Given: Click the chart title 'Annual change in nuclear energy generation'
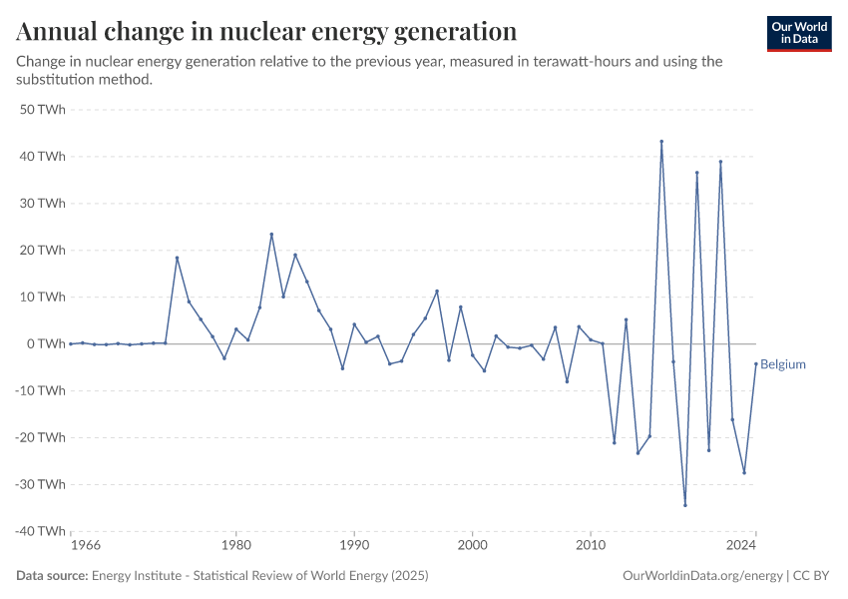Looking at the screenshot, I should click(x=266, y=31).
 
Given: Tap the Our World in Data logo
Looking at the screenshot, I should click(x=799, y=33).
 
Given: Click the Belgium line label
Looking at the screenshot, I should click(x=783, y=364).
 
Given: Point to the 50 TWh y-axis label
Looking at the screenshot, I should click(x=43, y=110).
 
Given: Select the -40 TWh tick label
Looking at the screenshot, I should click(x=40, y=531).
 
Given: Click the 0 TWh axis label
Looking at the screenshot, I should click(x=47, y=343).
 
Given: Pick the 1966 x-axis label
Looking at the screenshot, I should click(x=85, y=546).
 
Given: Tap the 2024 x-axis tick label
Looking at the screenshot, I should click(x=741, y=546).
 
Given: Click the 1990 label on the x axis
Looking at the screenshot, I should click(x=354, y=546).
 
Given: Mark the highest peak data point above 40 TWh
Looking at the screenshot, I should click(x=661, y=142).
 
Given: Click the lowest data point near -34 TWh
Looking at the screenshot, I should click(x=685, y=505).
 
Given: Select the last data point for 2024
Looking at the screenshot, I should click(x=756, y=363).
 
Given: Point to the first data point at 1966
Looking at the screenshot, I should click(x=71, y=343).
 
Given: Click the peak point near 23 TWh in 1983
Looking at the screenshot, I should click(x=271, y=235).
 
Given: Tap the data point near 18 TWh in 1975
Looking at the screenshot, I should click(x=177, y=258).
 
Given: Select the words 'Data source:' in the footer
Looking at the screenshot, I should click(x=52, y=576).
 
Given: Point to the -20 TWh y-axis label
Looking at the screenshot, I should click(x=40, y=437).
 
